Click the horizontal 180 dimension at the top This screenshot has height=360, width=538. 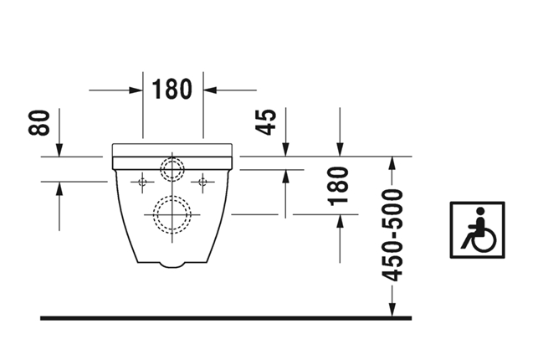click(x=172, y=90)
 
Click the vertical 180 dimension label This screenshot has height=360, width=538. click(x=339, y=187)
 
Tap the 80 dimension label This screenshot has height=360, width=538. click(x=39, y=123)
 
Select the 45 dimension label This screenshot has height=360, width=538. click(x=265, y=122)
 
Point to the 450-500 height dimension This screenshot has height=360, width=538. click(x=392, y=235)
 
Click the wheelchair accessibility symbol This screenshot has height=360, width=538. click(x=477, y=230)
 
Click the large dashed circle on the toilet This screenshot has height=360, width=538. click(x=172, y=215)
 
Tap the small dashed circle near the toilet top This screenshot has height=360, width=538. click(x=172, y=169)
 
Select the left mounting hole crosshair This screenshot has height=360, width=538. click(x=142, y=182)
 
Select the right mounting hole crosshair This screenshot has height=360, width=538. click(x=202, y=182)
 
